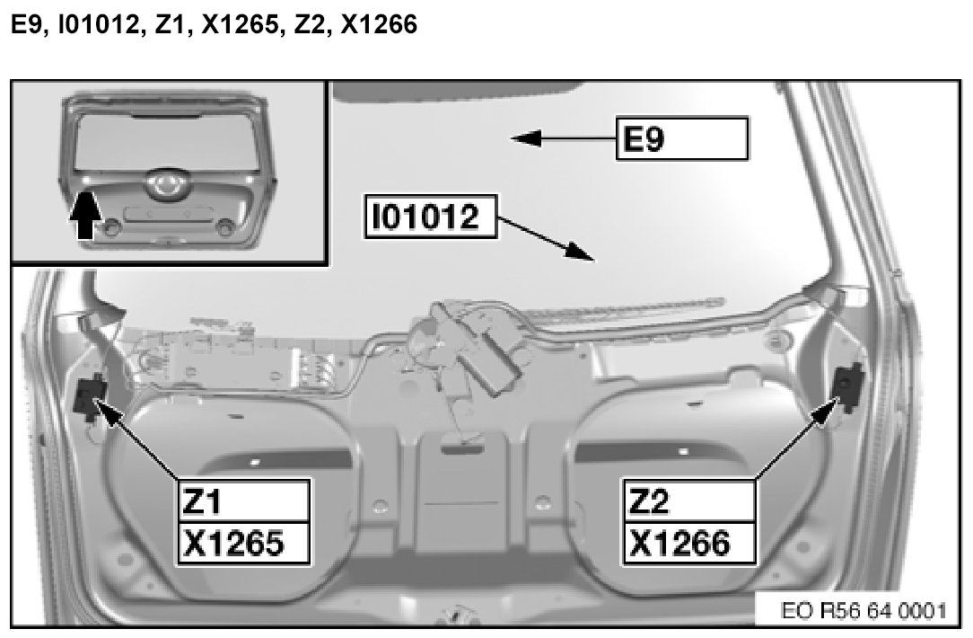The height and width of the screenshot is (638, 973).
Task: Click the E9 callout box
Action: point(682,137)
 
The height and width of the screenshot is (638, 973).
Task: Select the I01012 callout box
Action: point(431,217)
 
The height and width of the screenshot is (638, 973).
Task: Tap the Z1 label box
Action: point(244,501)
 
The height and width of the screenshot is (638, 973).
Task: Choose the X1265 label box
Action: point(244,544)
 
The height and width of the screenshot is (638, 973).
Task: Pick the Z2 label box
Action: point(689,501)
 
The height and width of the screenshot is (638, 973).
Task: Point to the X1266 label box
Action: point(689,544)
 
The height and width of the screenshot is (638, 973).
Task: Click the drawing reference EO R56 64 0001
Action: point(863,611)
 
